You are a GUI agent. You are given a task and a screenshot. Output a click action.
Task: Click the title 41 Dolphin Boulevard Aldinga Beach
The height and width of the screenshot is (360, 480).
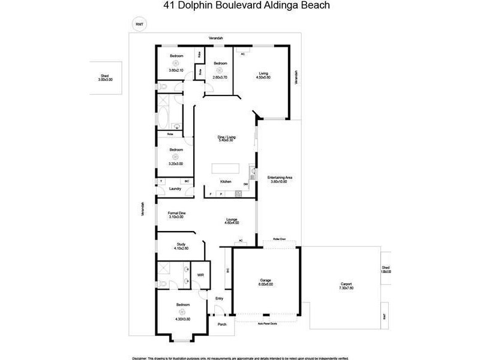point(239,7)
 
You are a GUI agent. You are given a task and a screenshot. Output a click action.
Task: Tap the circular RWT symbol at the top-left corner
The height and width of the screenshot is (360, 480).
point(140,25)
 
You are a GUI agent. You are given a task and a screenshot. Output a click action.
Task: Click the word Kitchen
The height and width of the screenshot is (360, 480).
point(226,181)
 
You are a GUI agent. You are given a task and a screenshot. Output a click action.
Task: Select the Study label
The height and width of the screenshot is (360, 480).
point(181,246)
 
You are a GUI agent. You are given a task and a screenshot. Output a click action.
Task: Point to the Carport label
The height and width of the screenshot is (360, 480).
point(346,286)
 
